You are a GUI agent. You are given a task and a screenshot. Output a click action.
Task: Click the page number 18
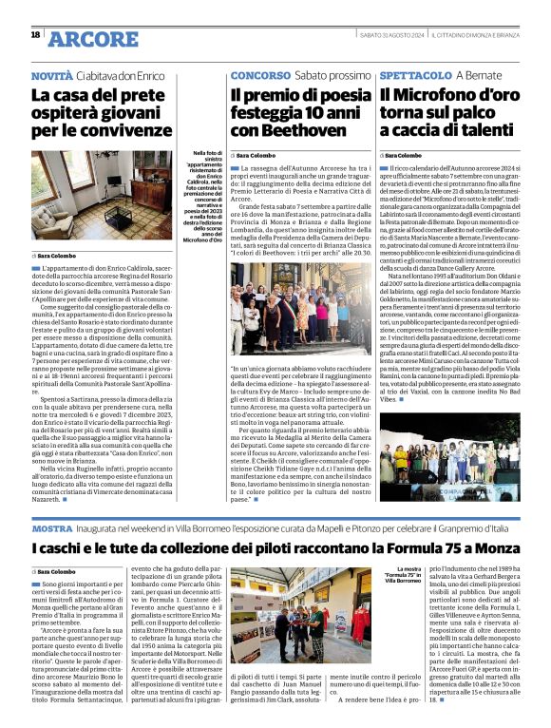click(x=34, y=35)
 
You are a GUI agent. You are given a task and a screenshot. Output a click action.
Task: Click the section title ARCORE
click(x=93, y=38)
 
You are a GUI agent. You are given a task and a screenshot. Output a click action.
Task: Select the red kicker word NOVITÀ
click(x=51, y=74)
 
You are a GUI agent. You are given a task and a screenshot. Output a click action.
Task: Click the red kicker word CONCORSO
click(x=255, y=74)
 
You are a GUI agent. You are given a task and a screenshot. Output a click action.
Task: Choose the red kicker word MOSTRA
click(x=51, y=527)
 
